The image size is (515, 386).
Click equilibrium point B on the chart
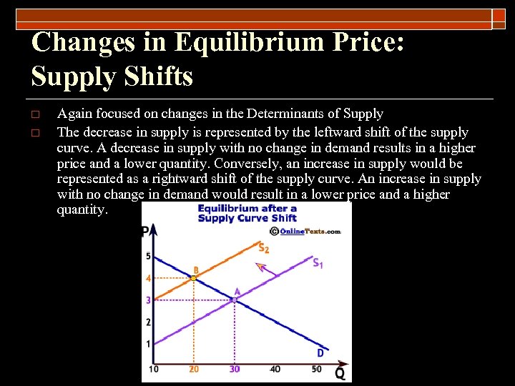tap(194, 277)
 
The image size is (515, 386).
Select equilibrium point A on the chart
tap(233, 300)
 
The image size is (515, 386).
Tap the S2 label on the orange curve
tap(264, 248)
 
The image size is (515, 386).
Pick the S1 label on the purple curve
tap(318, 263)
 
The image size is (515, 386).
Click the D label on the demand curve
tap(320, 352)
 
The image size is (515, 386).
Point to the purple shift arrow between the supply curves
tap(264, 269)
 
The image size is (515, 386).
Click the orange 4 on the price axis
tap(148, 278)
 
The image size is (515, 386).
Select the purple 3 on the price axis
tap(148, 300)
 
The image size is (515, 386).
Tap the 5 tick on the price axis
tap(148, 256)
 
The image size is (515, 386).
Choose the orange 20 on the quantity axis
tap(194, 369)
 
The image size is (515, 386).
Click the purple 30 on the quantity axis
tap(235, 369)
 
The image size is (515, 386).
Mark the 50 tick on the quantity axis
tap(317, 369)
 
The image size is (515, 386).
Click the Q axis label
tap(340, 374)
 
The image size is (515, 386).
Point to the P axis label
tap(145, 232)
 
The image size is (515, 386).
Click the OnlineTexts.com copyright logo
tap(305, 231)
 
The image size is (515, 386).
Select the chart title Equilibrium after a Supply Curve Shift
tap(247, 213)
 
